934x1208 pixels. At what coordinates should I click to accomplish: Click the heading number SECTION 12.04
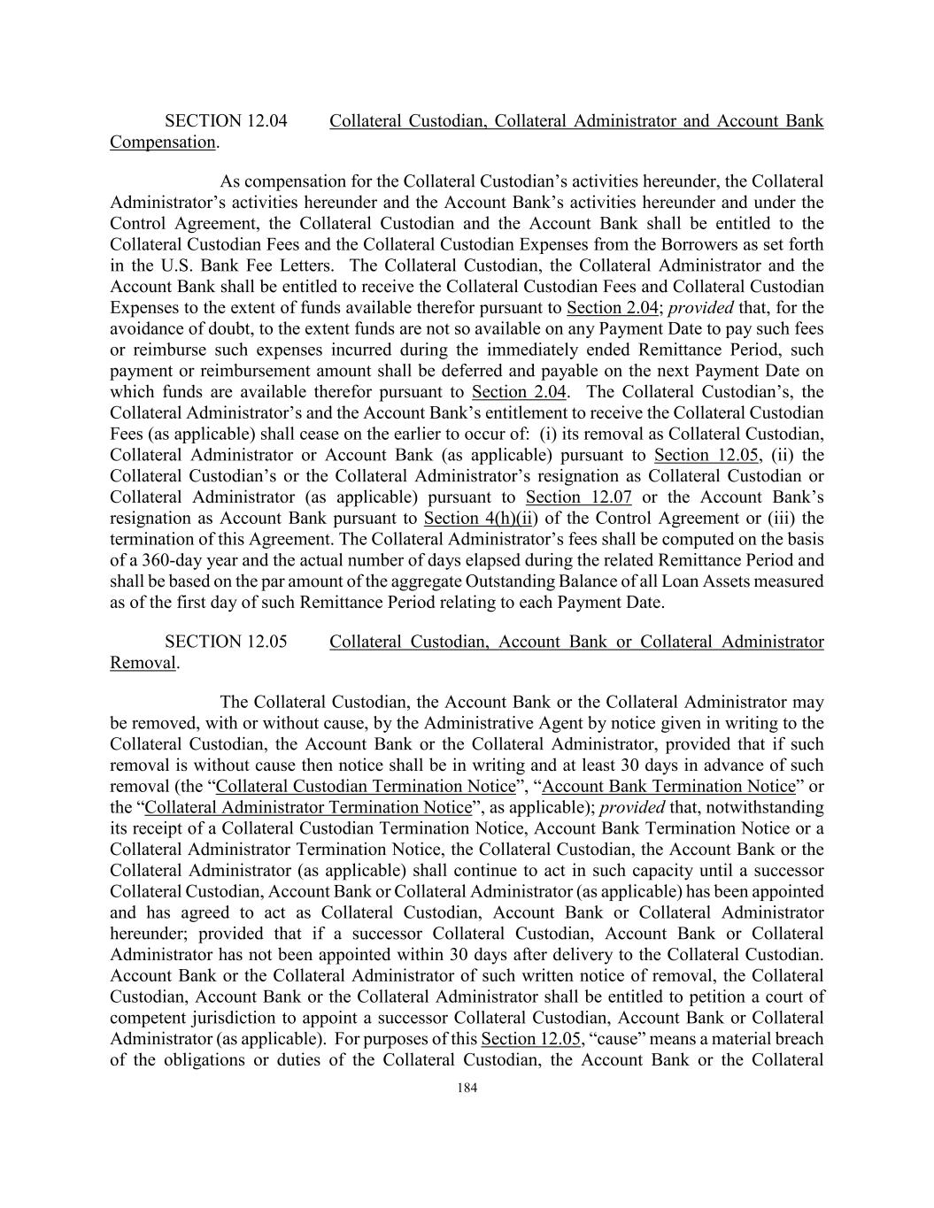pyautogui.click(x=226, y=121)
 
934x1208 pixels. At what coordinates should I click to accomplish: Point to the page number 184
pyautogui.click(x=467, y=1089)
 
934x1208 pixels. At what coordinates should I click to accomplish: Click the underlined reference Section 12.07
pyautogui.click(x=578, y=497)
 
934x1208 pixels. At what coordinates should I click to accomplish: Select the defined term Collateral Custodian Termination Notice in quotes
pyautogui.click(x=366, y=787)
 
